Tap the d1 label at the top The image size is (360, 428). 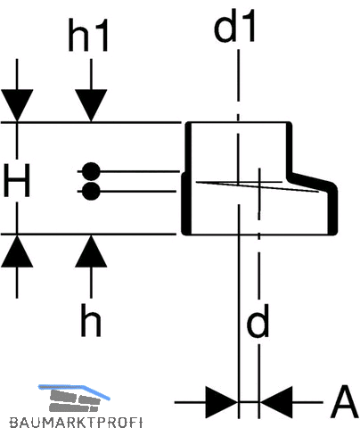coord(234,26)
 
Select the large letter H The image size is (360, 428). coord(17,180)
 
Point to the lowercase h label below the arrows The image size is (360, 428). coord(91,320)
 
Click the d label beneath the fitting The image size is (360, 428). coord(258,321)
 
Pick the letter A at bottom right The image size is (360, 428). coord(344,402)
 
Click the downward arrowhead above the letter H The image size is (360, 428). coord(17,105)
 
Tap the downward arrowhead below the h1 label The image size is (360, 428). coord(91,105)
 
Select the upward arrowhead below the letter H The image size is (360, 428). coord(17,251)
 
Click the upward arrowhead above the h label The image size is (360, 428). coord(91,251)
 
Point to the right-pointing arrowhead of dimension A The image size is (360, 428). coord(222,402)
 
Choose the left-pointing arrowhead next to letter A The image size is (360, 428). coord(276,402)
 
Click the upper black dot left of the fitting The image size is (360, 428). coord(91,171)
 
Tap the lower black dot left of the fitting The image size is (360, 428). coord(91,191)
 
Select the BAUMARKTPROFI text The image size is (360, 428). coord(76,422)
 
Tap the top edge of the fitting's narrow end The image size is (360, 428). coord(239,122)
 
